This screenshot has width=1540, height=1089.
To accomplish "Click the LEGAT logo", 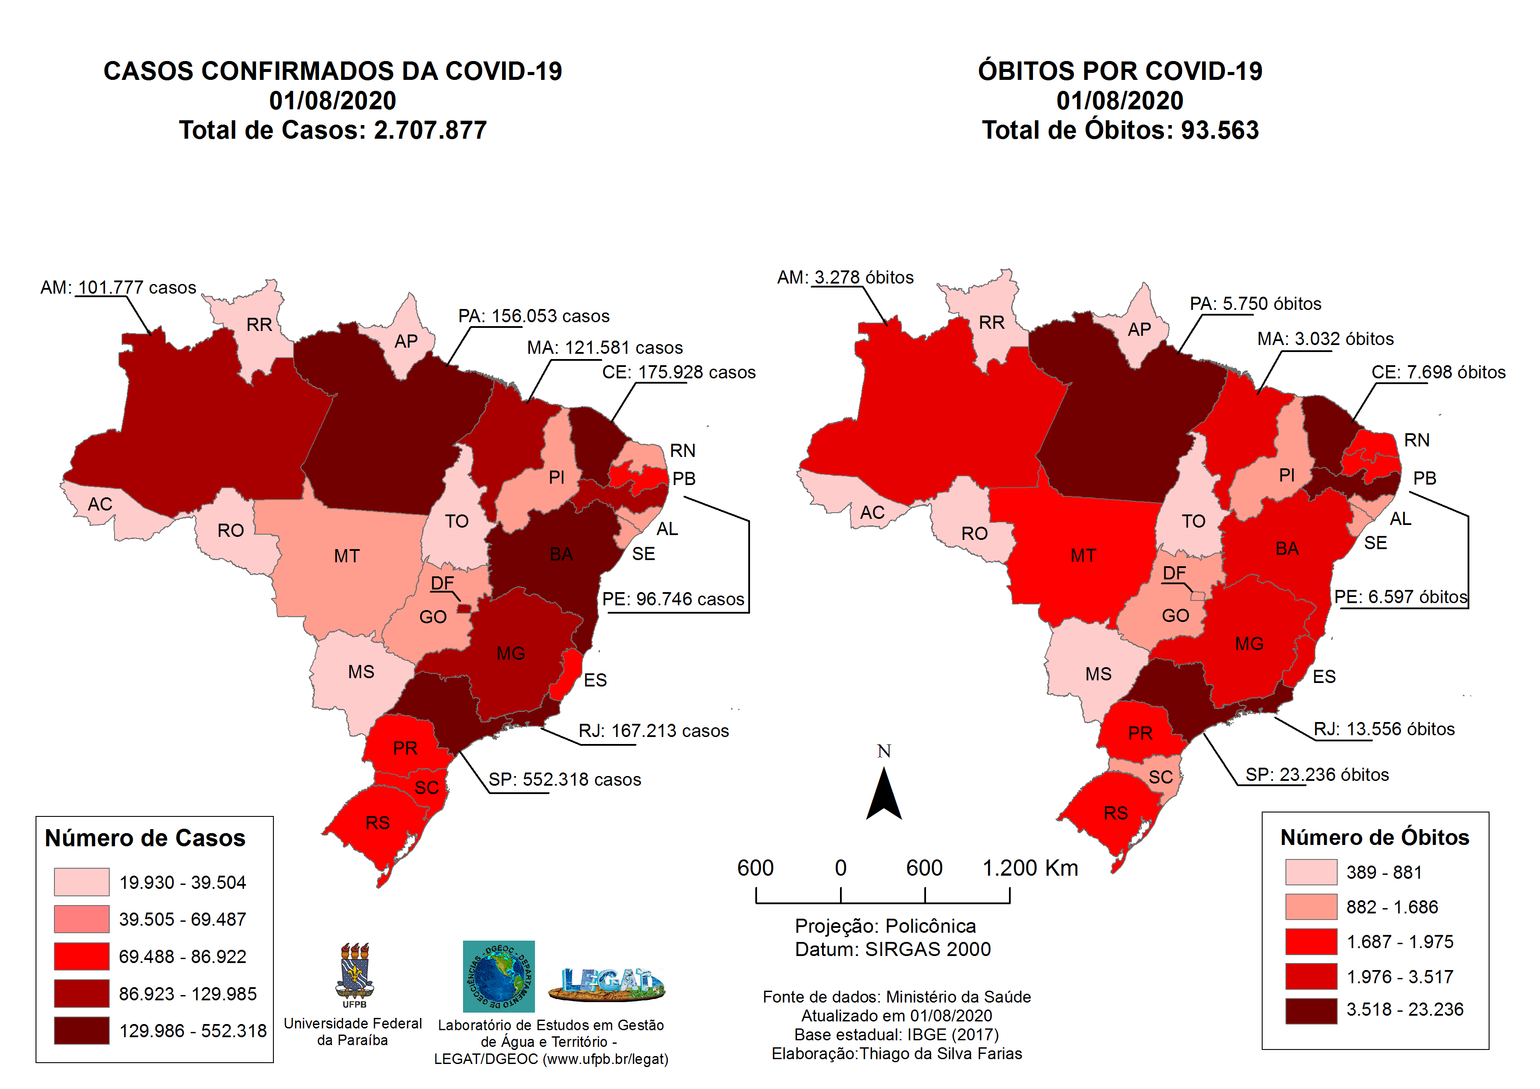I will (607, 983).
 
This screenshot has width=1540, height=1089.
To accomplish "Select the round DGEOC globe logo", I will (499, 976).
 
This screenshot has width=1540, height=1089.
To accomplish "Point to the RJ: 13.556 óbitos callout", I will (1384, 730).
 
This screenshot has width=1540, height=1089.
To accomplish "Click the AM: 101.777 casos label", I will (118, 288).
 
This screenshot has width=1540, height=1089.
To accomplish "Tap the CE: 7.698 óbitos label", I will (1438, 372).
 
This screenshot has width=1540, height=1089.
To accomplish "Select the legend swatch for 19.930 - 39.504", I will (81, 882).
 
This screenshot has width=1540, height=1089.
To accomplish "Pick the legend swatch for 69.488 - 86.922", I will (81, 956).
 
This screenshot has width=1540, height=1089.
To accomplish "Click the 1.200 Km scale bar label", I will (1030, 868).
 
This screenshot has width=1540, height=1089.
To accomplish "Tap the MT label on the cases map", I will (347, 556).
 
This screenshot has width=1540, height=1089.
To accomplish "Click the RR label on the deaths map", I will (991, 323).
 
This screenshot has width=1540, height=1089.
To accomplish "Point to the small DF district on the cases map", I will (463, 608).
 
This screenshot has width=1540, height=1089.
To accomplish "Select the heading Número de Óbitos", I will (1375, 837).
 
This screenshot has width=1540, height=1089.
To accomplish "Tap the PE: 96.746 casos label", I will (673, 599).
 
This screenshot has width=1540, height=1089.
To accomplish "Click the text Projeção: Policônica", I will (885, 926).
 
